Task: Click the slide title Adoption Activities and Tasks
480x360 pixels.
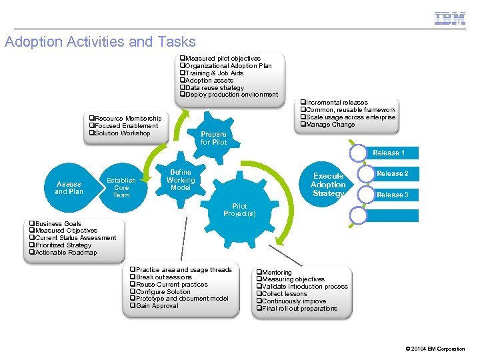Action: point(100,42)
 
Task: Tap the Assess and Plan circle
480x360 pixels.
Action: point(69,187)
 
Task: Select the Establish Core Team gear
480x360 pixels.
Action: point(121,187)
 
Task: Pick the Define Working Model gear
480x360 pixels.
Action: point(181,180)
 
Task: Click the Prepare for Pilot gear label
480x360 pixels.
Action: point(213,138)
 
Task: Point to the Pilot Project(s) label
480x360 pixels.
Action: point(239,210)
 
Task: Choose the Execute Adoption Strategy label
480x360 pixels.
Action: point(328,185)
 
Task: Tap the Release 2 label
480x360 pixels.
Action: point(392,173)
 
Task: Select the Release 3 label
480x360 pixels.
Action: point(392,195)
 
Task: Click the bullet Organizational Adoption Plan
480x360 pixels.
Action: point(228,66)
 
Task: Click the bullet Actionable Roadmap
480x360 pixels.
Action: point(65,253)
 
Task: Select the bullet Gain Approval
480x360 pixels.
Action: point(157,306)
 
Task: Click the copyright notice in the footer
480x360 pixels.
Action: point(435,349)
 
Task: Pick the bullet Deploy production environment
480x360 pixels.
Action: point(231,95)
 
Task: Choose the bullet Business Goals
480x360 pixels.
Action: point(58,224)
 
